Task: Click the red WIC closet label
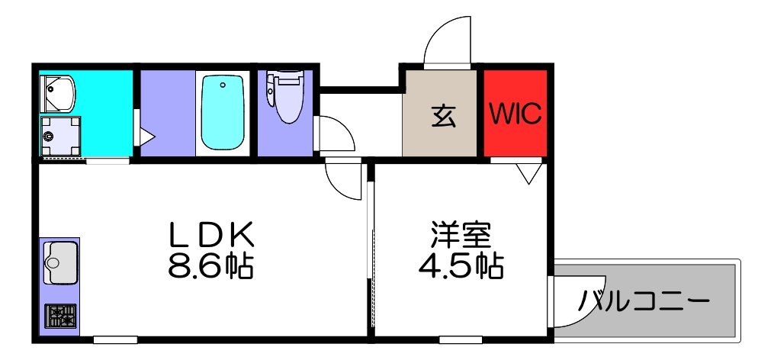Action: coord(515,114)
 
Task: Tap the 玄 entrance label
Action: coord(444,115)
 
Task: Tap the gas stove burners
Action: coord(60,315)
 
